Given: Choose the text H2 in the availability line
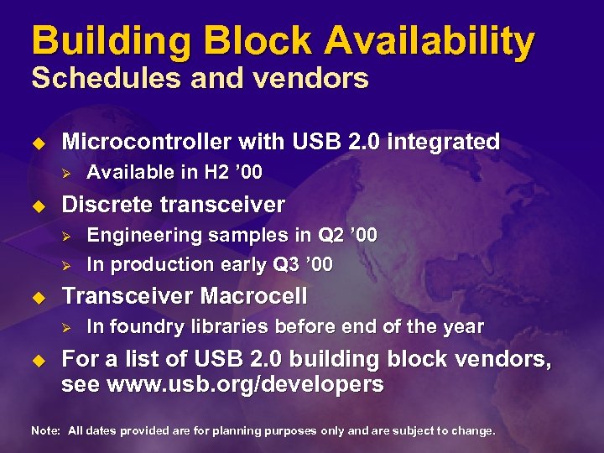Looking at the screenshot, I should click(x=216, y=173).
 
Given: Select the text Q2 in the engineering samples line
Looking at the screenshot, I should click(x=323, y=236).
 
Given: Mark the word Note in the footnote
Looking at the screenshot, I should click(x=44, y=430).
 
